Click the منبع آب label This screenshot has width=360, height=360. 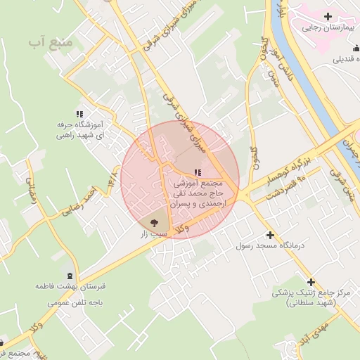pos(51,42)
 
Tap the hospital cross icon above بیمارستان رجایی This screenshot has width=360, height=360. pos(328,16)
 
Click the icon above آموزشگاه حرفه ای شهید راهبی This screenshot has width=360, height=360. pos(79,113)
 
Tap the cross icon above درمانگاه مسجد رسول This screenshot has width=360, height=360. pos(269,235)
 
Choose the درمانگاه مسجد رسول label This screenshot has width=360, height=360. pos(269,247)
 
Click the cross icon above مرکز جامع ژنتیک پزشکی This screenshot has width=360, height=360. pos(311,282)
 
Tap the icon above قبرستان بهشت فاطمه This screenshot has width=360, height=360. pos(69,275)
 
